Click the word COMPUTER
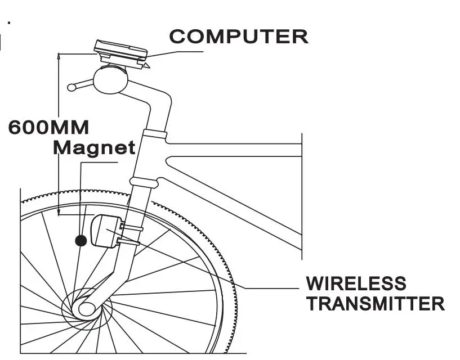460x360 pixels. pos(239,37)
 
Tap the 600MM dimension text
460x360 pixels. pos(48,127)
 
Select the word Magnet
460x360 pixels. pos(94,148)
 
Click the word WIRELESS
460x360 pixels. pos(355,283)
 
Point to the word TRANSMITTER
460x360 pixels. pos(375,304)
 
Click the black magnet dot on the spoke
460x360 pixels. pos(81,241)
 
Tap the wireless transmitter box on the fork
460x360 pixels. pos(104,231)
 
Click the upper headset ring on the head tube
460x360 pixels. pos(154,134)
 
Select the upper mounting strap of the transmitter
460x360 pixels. pos(131,227)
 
